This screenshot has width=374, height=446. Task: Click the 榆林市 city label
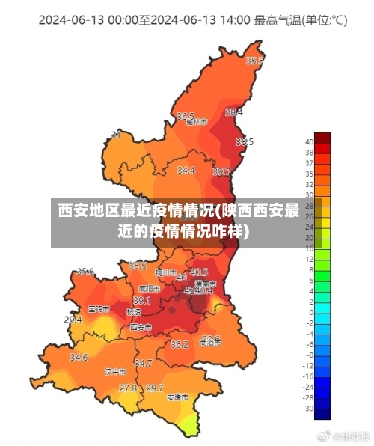tap(196, 123)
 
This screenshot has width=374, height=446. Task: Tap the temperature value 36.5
tap(186, 116)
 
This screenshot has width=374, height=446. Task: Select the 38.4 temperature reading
tap(234, 112)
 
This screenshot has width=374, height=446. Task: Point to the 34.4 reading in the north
tap(186, 171)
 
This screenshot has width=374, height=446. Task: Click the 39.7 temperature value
tap(221, 172)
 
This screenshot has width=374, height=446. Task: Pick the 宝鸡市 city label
tap(98, 308)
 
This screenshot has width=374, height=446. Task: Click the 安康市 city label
tap(177, 397)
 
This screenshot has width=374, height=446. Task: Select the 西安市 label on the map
tap(141, 327)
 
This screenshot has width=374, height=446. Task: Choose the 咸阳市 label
tap(149, 288)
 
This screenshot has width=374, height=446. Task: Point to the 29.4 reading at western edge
tap(73, 320)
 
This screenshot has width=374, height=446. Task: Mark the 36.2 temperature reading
tap(180, 345)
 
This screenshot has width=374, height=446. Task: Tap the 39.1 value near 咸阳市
tap(141, 300)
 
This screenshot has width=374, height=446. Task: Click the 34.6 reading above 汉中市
tap(79, 358)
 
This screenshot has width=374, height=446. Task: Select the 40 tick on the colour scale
tap(309, 141)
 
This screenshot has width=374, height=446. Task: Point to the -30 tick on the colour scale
tap(308, 408)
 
